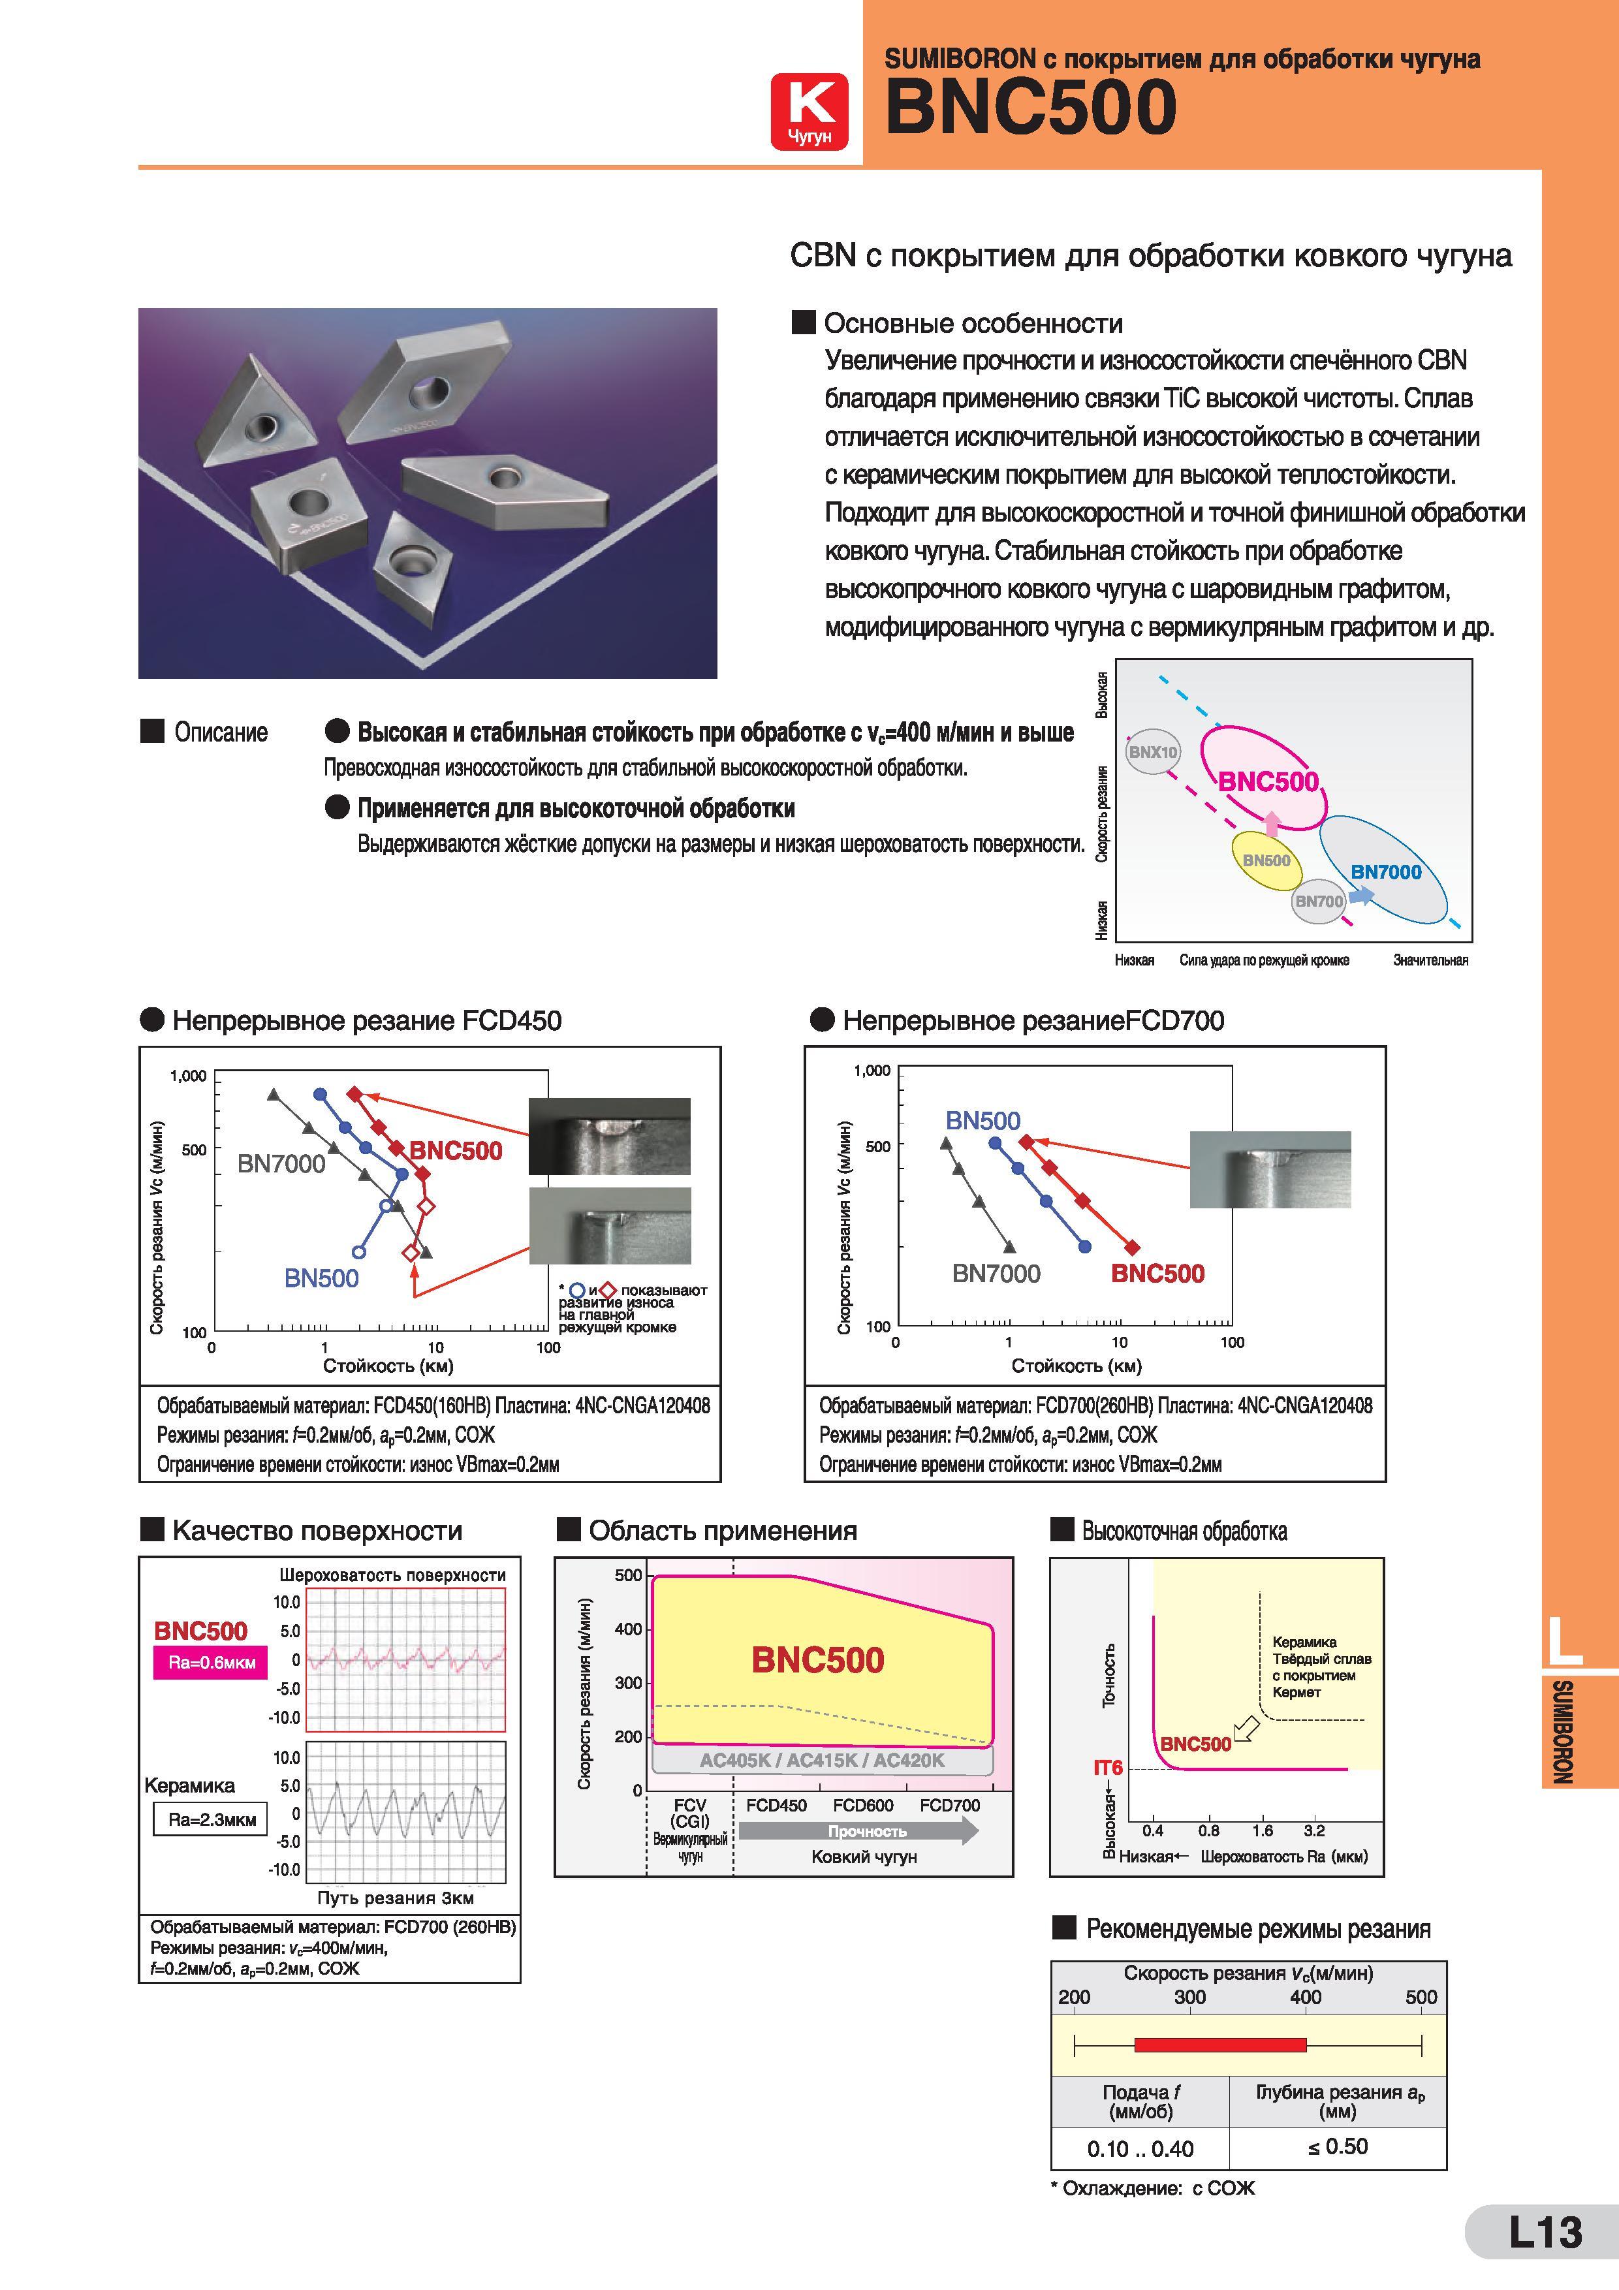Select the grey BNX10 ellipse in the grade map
pos(1152,752)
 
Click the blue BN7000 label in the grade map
pos(1385,871)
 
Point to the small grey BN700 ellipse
pos(1319,902)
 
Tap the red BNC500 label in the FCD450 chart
pos(456,1150)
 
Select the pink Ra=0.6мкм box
pos(210,1663)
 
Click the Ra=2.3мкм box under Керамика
pos(210,1819)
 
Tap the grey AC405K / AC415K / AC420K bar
pos(822,1761)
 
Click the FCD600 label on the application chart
pos(863,1805)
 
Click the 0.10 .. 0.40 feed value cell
pos(1140,2148)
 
